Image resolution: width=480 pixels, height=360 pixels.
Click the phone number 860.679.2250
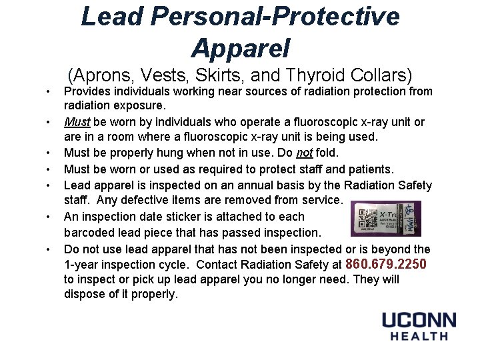coord(387,264)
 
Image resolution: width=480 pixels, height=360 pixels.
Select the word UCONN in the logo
coord(419,321)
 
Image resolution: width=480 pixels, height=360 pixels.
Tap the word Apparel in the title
coord(240,47)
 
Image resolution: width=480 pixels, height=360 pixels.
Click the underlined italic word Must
coord(77,122)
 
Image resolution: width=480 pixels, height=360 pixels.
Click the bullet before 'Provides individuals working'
coord(49,91)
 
